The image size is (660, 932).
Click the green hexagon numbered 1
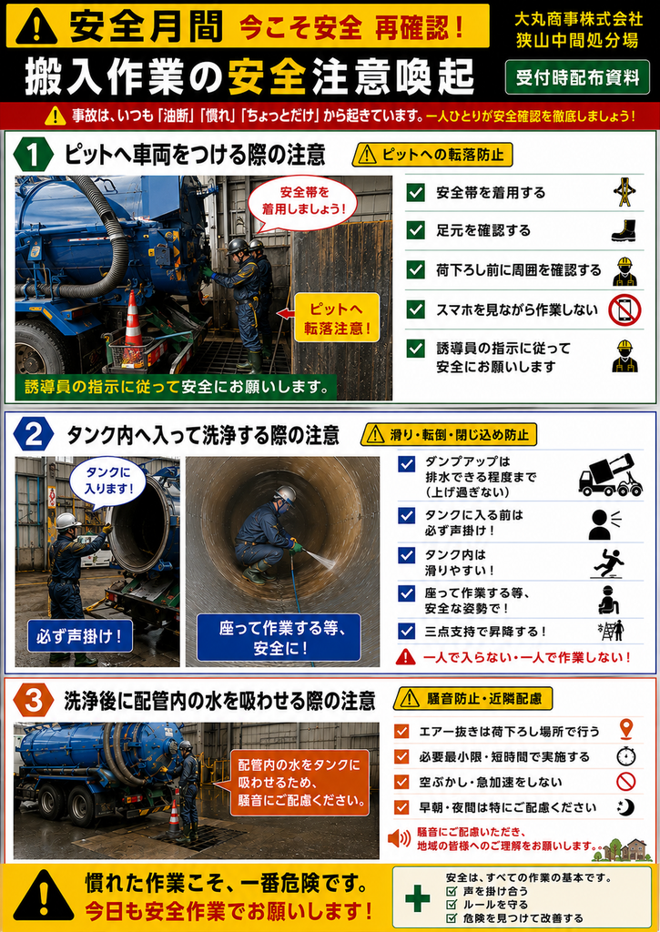[x=34, y=155]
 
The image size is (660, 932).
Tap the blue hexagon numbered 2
[x=34, y=435]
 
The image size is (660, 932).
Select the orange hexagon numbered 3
[x=34, y=700]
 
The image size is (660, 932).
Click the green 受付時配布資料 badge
[x=577, y=77]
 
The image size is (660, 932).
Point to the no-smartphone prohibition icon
[x=624, y=309]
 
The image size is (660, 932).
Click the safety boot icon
[x=624, y=230]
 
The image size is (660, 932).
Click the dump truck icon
[x=610, y=475]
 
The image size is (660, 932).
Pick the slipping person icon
[x=609, y=562]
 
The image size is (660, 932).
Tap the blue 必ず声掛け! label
[x=80, y=636]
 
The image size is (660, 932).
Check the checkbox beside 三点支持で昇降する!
[x=407, y=631]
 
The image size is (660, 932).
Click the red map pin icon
[x=626, y=729]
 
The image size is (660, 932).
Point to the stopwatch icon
[x=626, y=755]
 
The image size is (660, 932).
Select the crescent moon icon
[x=626, y=806]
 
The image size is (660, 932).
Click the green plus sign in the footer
[x=418, y=898]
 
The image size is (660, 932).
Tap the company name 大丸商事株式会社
[x=579, y=19]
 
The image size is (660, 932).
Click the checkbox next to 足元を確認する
[x=416, y=230]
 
